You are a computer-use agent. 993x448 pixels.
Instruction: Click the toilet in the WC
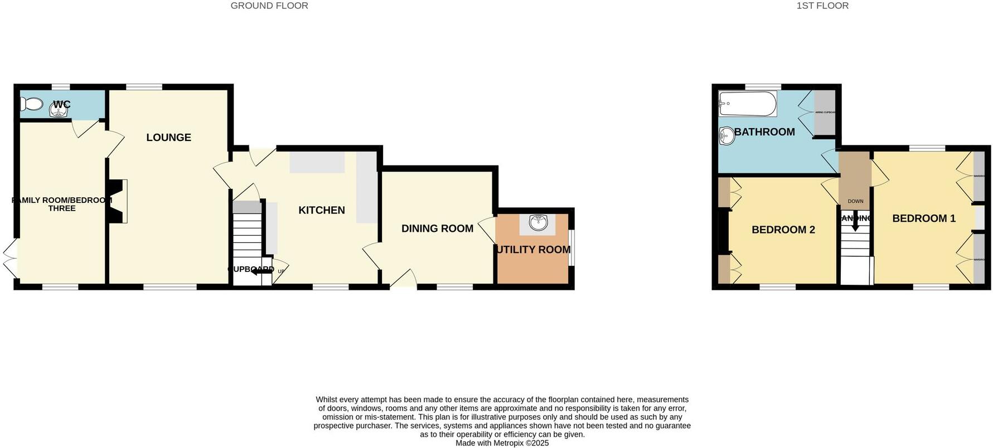pyautogui.click(x=31, y=104)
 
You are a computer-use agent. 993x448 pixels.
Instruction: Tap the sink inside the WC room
pyautogui.click(x=58, y=111)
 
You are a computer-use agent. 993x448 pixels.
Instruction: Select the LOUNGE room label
pyautogui.click(x=168, y=138)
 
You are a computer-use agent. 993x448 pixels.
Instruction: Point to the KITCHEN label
pyautogui.click(x=322, y=210)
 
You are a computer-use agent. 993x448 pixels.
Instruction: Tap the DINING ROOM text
pyautogui.click(x=437, y=228)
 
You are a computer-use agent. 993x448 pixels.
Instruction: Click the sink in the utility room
pyautogui.click(x=537, y=223)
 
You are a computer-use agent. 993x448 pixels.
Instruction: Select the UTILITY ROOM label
pyautogui.click(x=533, y=250)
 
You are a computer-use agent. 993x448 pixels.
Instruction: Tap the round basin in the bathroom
pyautogui.click(x=727, y=136)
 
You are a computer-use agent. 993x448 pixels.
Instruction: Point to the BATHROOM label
pyautogui.click(x=764, y=132)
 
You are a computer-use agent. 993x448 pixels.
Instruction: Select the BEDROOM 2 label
pyautogui.click(x=783, y=230)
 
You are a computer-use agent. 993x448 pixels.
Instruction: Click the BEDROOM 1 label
pyautogui.click(x=924, y=218)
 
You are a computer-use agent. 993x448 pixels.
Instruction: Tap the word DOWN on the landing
pyautogui.click(x=855, y=201)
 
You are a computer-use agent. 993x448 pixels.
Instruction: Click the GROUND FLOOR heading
pyautogui.click(x=269, y=6)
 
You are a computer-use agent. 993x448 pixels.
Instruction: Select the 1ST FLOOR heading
pyautogui.click(x=822, y=6)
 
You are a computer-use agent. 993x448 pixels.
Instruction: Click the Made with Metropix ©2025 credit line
pyautogui.click(x=502, y=444)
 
